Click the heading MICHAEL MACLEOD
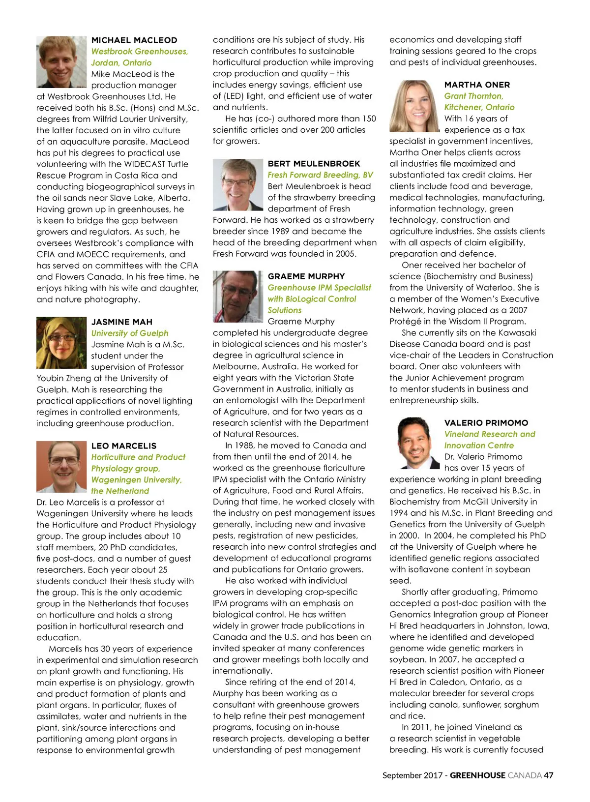(134, 40)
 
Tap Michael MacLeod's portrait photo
(61, 62)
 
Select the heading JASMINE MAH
(122, 322)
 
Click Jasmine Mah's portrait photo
(61, 343)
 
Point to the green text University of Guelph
(130, 333)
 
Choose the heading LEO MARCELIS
(124, 446)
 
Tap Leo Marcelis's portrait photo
(61, 467)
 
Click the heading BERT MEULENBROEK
(314, 164)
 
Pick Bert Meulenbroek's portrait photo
(238, 185)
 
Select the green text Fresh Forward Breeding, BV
(321, 175)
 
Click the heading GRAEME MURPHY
(306, 276)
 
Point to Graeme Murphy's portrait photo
(238, 297)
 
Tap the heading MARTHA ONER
(477, 85)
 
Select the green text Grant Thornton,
(474, 96)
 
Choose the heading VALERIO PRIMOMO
(486, 423)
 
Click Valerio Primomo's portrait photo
(414, 444)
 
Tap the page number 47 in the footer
(549, 775)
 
